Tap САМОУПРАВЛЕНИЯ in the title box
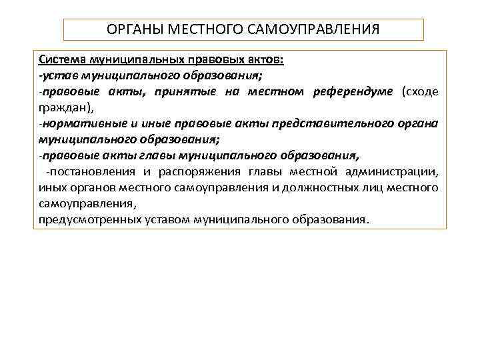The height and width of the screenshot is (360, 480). [x=311, y=29]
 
